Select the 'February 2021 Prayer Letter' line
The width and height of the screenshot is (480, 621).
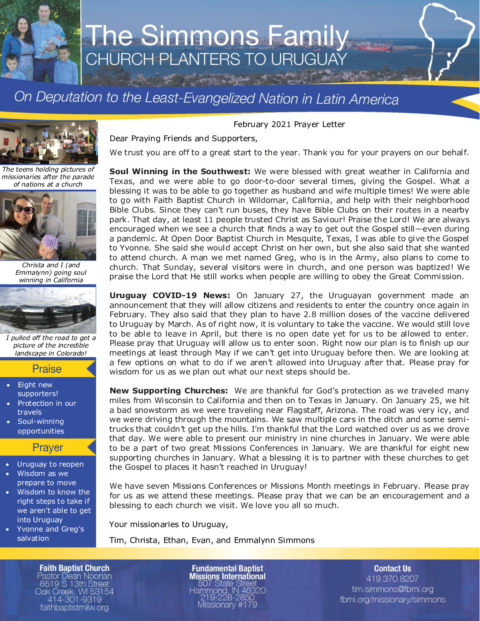point(289,124)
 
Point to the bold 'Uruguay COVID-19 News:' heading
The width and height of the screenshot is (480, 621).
point(170,296)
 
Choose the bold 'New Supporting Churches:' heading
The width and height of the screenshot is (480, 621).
point(169,391)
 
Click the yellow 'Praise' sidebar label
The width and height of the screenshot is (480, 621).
point(47,369)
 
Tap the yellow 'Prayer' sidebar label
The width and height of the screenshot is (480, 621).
point(48,447)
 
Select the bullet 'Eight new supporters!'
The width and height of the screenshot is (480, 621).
point(37,389)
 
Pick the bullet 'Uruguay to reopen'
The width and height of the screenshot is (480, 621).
point(50,464)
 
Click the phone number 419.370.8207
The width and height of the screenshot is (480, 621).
point(392,579)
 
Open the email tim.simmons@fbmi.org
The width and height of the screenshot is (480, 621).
point(392,589)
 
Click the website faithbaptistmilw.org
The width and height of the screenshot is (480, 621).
point(74,608)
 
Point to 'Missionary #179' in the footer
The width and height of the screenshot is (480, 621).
point(227,605)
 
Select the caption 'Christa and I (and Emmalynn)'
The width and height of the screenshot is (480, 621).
point(51,269)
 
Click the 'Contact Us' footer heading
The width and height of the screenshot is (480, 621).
point(392,569)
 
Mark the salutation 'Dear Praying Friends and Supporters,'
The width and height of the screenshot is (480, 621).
point(184,138)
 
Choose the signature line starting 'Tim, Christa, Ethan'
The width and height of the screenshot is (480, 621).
point(212,540)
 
